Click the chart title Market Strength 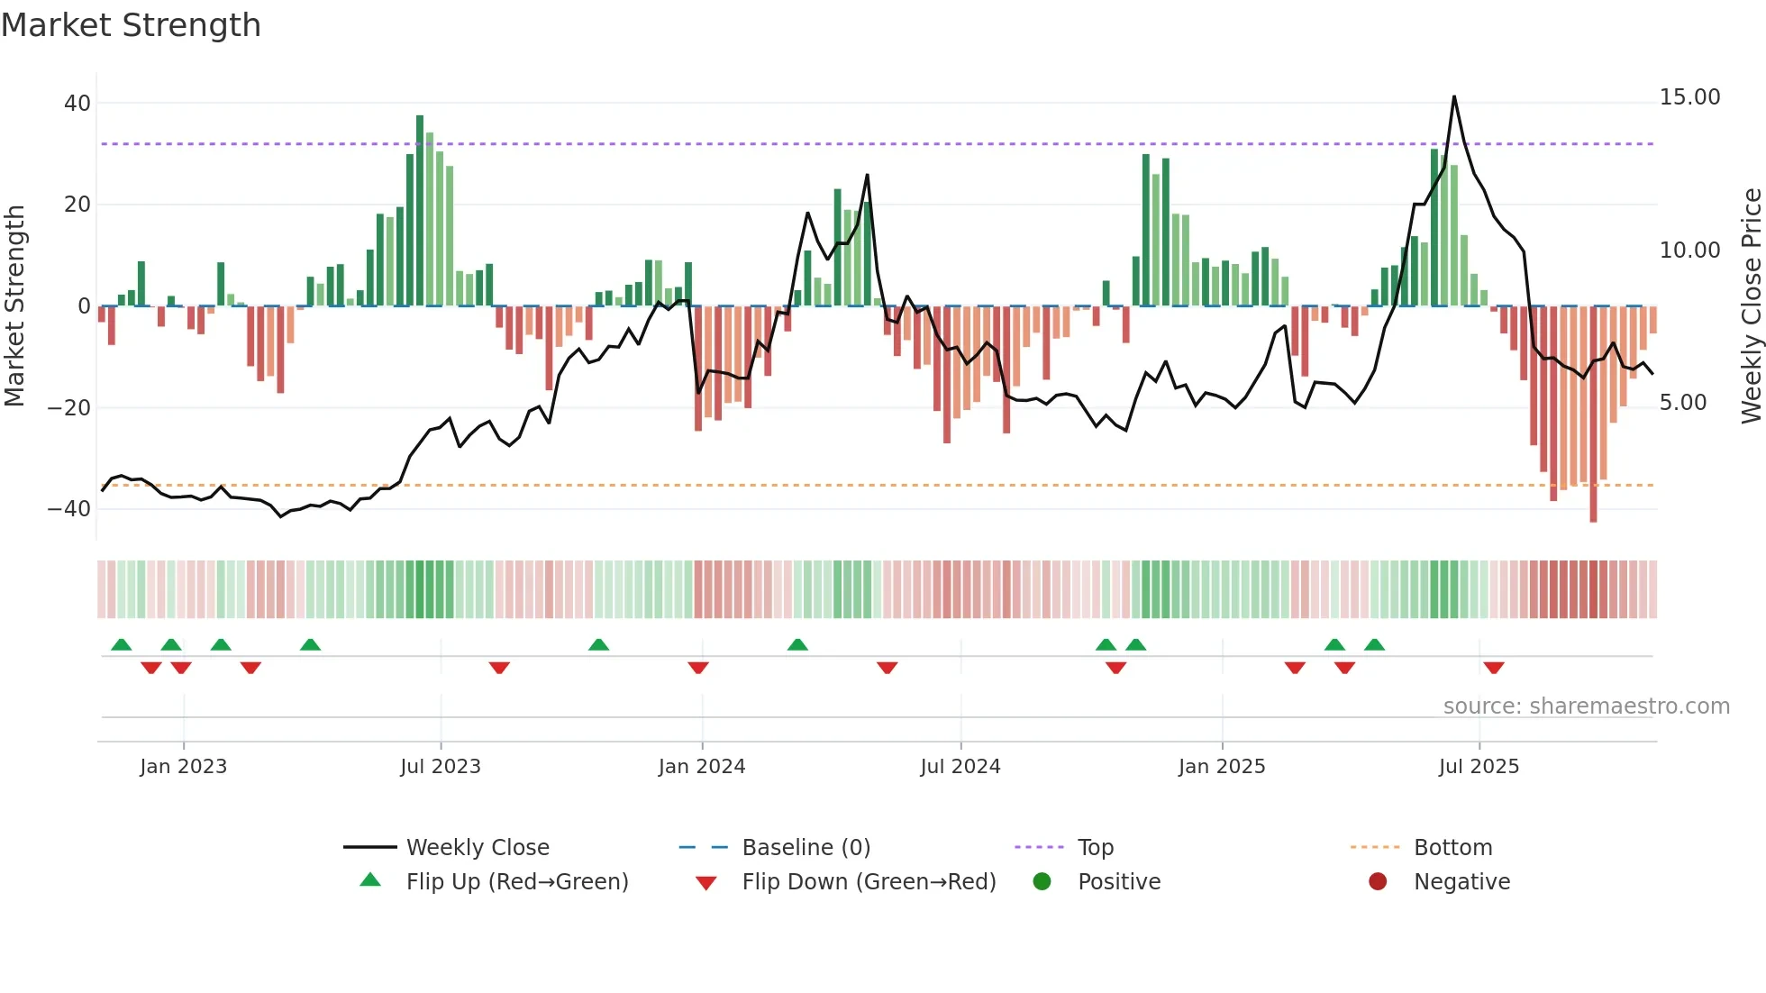coord(131,25)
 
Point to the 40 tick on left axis coord(77,104)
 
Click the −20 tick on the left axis coord(69,408)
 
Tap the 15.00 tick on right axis coord(1689,97)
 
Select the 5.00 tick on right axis coord(1683,403)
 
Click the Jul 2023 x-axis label coord(441,767)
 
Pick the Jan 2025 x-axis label coord(1222,767)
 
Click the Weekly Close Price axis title coord(1751,306)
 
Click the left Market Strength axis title coord(14,306)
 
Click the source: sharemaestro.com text coord(1586,706)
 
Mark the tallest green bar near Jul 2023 coord(420,209)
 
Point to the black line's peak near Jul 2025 coord(1453,97)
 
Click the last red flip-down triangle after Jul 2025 coord(1494,668)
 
